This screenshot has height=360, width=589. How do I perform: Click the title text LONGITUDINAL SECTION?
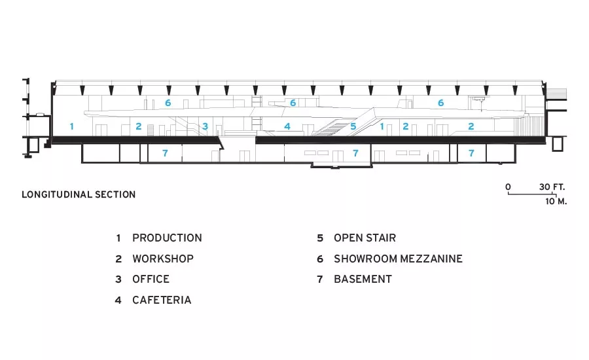[79, 194]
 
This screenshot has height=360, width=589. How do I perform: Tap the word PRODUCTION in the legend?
[167, 238]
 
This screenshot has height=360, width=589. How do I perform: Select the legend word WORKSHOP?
[163, 259]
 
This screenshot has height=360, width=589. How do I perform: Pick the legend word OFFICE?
[151, 279]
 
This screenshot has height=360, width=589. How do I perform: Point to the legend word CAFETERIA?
[162, 300]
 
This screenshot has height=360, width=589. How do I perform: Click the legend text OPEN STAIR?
[365, 238]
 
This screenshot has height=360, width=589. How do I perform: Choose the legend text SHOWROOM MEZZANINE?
[398, 259]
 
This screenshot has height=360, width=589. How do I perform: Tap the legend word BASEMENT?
[363, 279]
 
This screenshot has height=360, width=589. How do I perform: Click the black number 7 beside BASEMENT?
[320, 279]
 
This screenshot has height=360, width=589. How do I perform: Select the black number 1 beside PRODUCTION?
[118, 238]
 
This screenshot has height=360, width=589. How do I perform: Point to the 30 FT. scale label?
[552, 187]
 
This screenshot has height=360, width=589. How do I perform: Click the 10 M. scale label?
[556, 201]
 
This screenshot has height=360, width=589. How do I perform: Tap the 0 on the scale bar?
[509, 187]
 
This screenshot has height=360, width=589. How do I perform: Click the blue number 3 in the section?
[205, 126]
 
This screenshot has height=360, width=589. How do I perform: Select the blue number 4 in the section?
[287, 126]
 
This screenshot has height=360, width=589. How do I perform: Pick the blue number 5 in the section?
[353, 126]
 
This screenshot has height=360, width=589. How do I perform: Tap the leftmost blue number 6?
[168, 103]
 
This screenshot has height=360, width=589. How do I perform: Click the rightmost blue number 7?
[471, 153]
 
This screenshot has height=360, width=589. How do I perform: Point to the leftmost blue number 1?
[72, 126]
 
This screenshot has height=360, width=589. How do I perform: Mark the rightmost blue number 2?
[471, 126]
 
